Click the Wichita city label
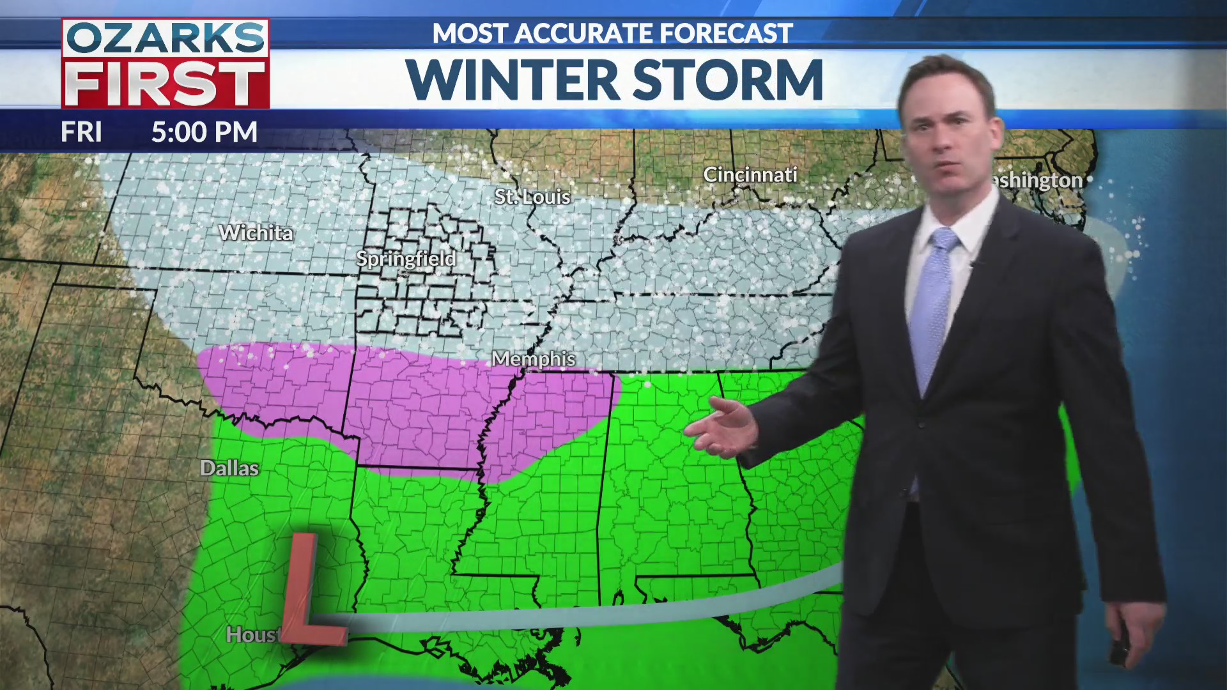(x=256, y=233)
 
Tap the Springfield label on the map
(x=406, y=259)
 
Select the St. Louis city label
(x=532, y=197)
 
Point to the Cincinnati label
(x=750, y=174)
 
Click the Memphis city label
(x=534, y=359)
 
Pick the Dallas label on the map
(x=229, y=468)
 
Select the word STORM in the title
(x=728, y=80)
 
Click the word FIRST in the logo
(x=166, y=84)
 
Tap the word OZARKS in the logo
(x=166, y=38)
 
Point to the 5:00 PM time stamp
(x=204, y=132)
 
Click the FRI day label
(x=81, y=132)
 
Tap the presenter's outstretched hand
(x=722, y=427)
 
